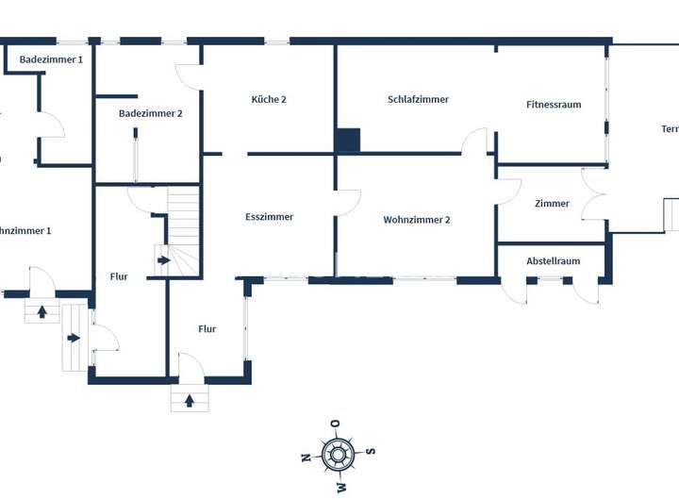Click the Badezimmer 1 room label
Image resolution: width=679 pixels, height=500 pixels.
tap(51, 59)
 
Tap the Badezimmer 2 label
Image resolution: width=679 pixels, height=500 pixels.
tap(150, 113)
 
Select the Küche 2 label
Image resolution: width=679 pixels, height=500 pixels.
tap(269, 99)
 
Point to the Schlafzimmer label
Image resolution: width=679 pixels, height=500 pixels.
tap(418, 99)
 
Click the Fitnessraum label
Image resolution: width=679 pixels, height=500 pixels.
tap(554, 105)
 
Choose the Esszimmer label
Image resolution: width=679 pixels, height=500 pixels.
tap(269, 217)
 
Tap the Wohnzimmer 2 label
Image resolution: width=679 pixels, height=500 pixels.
tap(417, 220)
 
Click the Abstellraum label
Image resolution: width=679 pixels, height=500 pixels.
tap(554, 261)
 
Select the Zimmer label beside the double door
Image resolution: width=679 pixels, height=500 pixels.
tap(552, 204)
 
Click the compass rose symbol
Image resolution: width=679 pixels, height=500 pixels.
tap(338, 455)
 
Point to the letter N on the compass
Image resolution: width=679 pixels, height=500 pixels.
tap(305, 458)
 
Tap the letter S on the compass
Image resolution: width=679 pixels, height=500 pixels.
tap(371, 451)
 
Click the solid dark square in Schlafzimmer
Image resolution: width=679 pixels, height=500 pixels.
tap(348, 141)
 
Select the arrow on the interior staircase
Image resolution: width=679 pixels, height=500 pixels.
tap(163, 260)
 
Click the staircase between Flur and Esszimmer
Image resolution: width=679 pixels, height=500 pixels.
tap(183, 231)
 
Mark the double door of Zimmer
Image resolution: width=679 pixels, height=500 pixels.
tap(593, 194)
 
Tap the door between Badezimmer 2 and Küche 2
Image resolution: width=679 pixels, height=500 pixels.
tap(189, 77)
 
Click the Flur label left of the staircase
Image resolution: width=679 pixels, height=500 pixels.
tap(119, 276)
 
